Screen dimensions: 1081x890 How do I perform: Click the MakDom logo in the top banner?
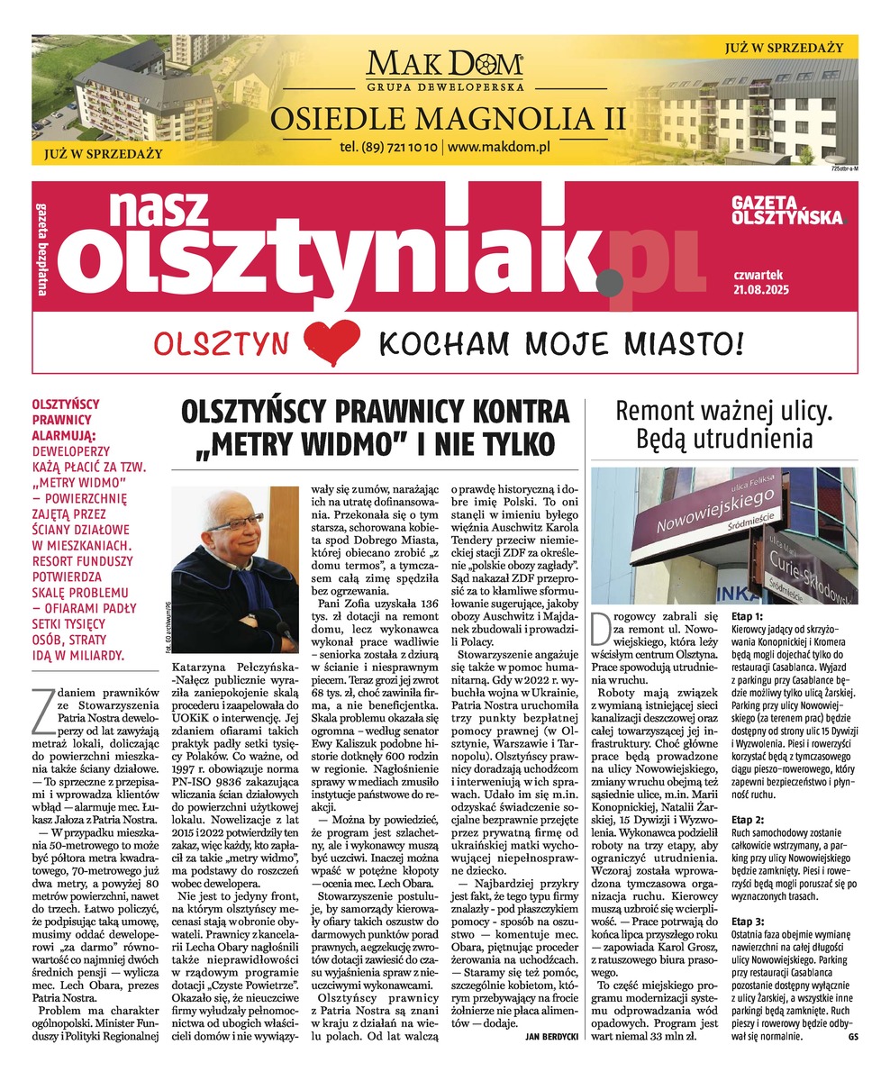pyautogui.click(x=444, y=68)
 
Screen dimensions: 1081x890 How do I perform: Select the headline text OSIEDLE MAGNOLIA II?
pyautogui.click(x=444, y=118)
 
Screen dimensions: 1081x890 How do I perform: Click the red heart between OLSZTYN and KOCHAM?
pyautogui.click(x=325, y=343)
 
